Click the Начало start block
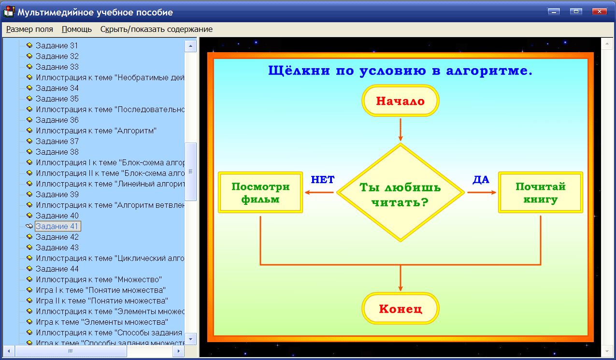click(x=400, y=101)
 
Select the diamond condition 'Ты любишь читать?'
click(x=400, y=193)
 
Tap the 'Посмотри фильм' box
click(x=260, y=193)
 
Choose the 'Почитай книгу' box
click(x=540, y=193)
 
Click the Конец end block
click(x=400, y=309)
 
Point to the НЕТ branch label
click(x=323, y=180)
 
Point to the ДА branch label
click(x=481, y=180)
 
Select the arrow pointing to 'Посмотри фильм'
click(x=319, y=193)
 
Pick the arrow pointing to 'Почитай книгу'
click(x=482, y=193)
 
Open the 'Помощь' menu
click(x=77, y=29)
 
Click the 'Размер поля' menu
click(x=29, y=29)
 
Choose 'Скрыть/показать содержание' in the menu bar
click(x=156, y=29)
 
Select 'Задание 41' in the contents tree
click(x=57, y=226)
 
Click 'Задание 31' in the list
click(x=57, y=45)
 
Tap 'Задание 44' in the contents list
click(x=57, y=269)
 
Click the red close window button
click(x=599, y=12)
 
